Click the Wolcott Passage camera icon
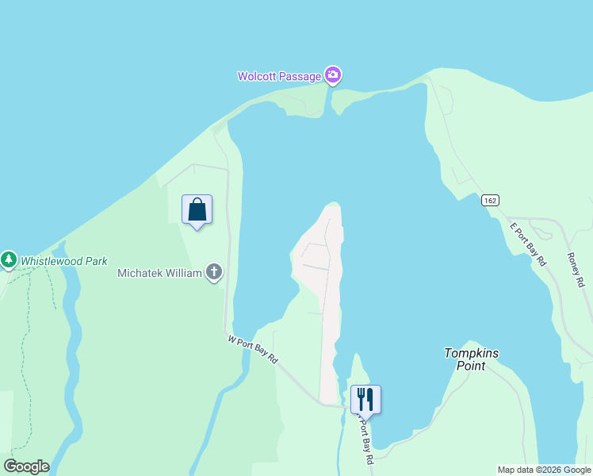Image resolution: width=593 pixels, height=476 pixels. click(333, 75)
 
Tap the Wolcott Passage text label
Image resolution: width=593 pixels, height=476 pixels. click(280, 77)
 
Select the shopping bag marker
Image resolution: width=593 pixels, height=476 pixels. click(197, 210)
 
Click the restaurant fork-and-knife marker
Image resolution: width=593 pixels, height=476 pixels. click(365, 398)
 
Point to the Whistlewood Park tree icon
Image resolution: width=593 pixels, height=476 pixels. click(9, 259)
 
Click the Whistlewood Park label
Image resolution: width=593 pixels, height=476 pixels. click(63, 261)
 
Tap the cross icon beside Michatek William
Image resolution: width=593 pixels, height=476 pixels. click(213, 273)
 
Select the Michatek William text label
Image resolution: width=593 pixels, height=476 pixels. click(159, 273)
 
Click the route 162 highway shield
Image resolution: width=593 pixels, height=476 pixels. click(490, 201)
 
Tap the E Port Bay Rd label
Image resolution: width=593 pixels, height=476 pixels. click(527, 244)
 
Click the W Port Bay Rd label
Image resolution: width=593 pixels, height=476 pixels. click(253, 349)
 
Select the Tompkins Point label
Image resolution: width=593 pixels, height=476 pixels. click(471, 359)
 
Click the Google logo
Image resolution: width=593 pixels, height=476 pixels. click(26, 466)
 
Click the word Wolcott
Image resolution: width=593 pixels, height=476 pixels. click(258, 77)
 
